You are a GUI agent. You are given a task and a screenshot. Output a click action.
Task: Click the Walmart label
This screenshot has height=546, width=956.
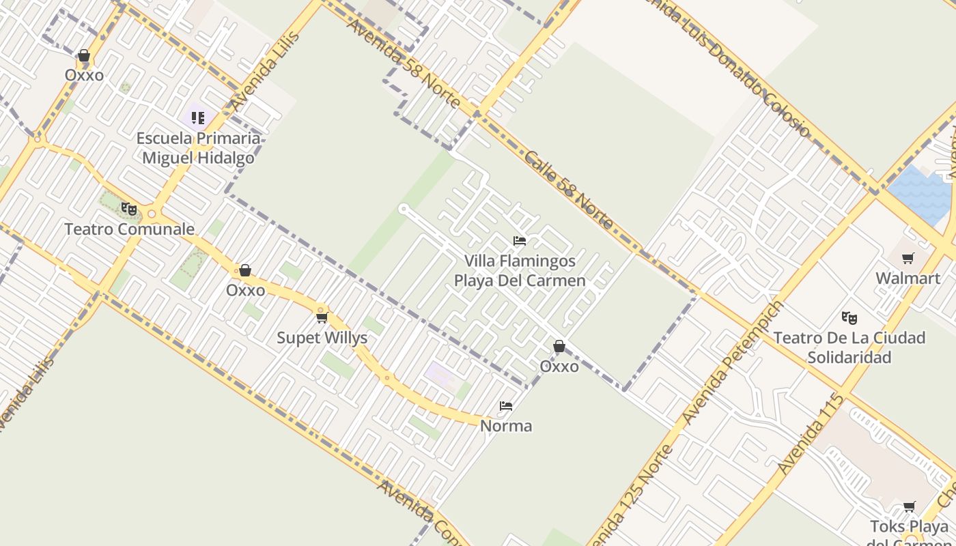(x=908, y=278)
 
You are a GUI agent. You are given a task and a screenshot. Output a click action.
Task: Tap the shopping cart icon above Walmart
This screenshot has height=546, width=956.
(x=908, y=258)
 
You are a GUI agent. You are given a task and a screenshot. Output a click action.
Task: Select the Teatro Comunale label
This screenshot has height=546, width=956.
(x=129, y=229)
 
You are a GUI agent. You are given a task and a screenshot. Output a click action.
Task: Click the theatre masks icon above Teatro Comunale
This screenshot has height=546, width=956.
(x=128, y=209)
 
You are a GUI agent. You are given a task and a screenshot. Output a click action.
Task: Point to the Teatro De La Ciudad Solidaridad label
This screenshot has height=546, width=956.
(x=849, y=347)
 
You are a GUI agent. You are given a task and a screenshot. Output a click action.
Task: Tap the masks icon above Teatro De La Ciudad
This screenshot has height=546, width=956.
(x=849, y=317)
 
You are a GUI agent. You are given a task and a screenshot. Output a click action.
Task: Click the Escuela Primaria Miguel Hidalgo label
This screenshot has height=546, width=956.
(x=198, y=148)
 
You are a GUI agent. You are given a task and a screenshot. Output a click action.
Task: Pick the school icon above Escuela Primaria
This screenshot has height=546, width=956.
(x=198, y=118)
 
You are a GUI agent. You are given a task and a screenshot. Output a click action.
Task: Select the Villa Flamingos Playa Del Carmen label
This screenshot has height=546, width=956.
(x=520, y=270)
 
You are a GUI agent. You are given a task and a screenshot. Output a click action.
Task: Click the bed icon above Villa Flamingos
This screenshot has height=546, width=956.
(x=520, y=241)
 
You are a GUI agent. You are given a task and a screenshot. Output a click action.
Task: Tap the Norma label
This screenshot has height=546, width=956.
(x=506, y=426)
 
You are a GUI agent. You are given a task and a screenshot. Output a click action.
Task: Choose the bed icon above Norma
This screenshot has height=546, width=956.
(x=506, y=406)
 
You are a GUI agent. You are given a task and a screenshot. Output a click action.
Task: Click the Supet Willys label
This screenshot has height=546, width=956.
(x=322, y=338)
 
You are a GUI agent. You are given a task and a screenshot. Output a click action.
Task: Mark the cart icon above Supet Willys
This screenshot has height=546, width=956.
(x=322, y=317)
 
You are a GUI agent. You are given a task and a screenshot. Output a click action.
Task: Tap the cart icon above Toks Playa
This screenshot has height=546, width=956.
(x=909, y=506)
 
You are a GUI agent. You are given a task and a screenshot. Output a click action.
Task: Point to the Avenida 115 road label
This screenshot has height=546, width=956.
(x=811, y=435)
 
